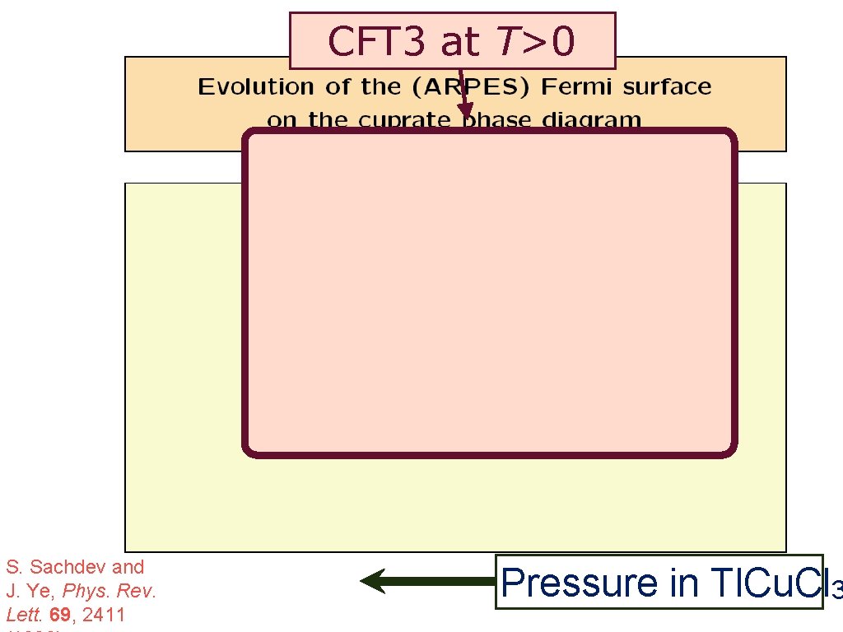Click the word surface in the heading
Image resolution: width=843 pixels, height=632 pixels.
pos(668,87)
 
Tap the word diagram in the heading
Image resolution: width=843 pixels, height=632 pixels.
pos(591,120)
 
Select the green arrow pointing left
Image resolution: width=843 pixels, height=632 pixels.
pos(428,581)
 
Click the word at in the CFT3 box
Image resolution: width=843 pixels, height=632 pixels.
pos(458,41)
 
